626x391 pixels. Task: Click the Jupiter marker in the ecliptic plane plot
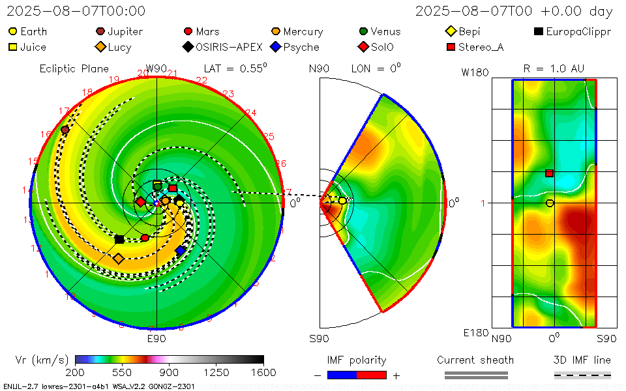click(65, 130)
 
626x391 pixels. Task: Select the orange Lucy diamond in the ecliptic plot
click(118, 259)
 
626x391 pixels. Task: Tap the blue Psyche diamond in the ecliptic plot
click(181, 250)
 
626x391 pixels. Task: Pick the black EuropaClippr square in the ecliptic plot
click(119, 239)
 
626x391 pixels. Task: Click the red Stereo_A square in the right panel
click(549, 173)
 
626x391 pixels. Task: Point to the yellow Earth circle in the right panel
click(550, 203)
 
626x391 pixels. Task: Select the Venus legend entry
click(381, 31)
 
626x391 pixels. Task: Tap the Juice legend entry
click(27, 47)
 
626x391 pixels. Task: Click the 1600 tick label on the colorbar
click(263, 372)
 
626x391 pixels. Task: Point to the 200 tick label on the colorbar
click(76, 372)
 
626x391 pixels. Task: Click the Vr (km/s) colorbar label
click(42, 360)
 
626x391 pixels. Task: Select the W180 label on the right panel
click(475, 72)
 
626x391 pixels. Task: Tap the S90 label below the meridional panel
click(319, 339)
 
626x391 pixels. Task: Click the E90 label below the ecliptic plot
click(156, 339)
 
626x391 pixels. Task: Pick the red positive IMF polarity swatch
click(372, 375)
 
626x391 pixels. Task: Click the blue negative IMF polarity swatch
click(342, 375)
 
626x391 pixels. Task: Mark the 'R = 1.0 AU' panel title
click(554, 68)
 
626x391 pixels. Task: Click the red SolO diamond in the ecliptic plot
click(140, 202)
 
